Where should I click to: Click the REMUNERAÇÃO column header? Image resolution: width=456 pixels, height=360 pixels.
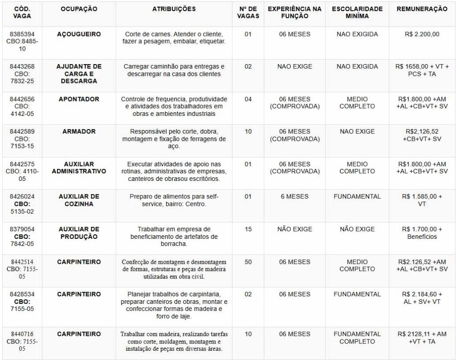point(422,9)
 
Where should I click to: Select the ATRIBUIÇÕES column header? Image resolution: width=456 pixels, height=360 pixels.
point(174,9)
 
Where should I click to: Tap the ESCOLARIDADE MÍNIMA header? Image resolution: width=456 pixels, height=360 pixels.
point(357,12)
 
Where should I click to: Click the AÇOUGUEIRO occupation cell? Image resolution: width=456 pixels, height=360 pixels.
point(79,34)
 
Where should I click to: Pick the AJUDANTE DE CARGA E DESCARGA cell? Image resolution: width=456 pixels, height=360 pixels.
point(79,74)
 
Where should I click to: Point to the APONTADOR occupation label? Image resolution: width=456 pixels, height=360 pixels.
point(79,99)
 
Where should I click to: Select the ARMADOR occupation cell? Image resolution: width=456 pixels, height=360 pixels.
point(79,131)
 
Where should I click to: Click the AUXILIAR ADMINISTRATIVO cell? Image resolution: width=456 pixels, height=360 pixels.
point(79,168)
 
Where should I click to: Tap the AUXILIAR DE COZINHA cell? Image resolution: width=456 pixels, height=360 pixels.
point(79,200)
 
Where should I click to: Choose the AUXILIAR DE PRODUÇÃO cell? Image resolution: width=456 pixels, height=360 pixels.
point(79,233)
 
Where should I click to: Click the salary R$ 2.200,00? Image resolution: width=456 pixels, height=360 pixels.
point(422,34)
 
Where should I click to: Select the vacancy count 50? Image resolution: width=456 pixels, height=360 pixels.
point(248,262)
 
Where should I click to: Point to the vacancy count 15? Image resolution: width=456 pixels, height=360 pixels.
point(248,229)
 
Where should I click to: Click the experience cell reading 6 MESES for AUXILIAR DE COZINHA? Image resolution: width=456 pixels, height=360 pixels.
point(294,196)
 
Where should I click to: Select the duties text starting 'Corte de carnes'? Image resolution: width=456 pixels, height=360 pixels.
point(174,38)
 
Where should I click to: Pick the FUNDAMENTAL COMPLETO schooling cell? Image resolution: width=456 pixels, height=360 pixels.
point(357,338)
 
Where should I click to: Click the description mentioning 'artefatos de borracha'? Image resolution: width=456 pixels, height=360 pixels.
point(174,237)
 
